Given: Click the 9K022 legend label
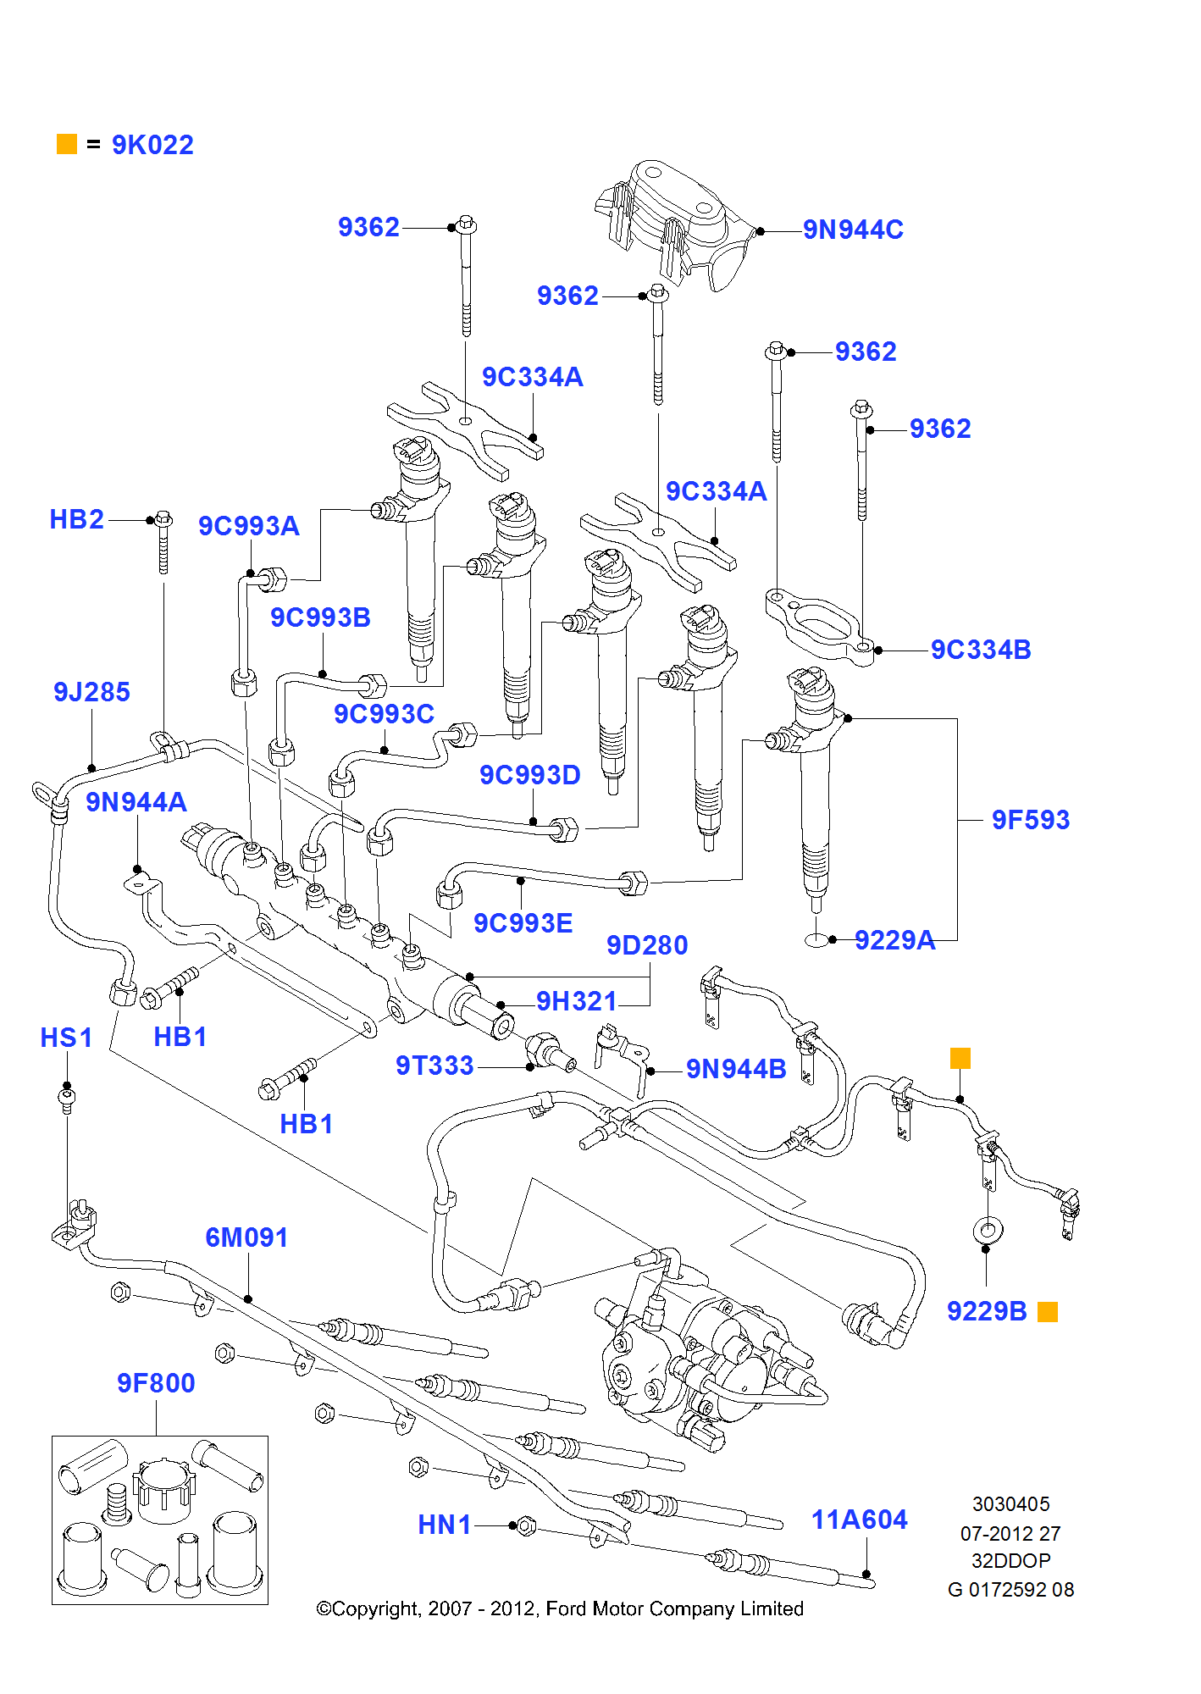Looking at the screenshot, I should point(152,145).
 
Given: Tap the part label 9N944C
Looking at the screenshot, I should point(853,230).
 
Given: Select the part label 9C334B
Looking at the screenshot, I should point(981,650).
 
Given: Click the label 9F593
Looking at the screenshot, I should point(1030,820).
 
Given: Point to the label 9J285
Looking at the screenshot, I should point(91,692).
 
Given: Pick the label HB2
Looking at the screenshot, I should point(76,519).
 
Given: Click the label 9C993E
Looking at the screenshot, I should point(523,923).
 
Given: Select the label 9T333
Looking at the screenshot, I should point(434,1066).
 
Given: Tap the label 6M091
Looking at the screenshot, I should point(246,1237).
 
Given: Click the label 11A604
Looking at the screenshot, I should point(859,1520).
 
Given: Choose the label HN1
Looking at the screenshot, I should point(444,1525).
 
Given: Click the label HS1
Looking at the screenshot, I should point(66,1038).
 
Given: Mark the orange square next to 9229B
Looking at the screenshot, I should point(1048,1312).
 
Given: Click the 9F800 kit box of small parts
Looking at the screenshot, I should point(160,1520).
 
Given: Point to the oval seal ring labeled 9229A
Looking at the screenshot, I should point(816,940).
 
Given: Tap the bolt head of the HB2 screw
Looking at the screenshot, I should point(164,518).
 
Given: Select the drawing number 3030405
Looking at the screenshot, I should point(1010,1504).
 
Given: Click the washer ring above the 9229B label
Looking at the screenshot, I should point(988,1229).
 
